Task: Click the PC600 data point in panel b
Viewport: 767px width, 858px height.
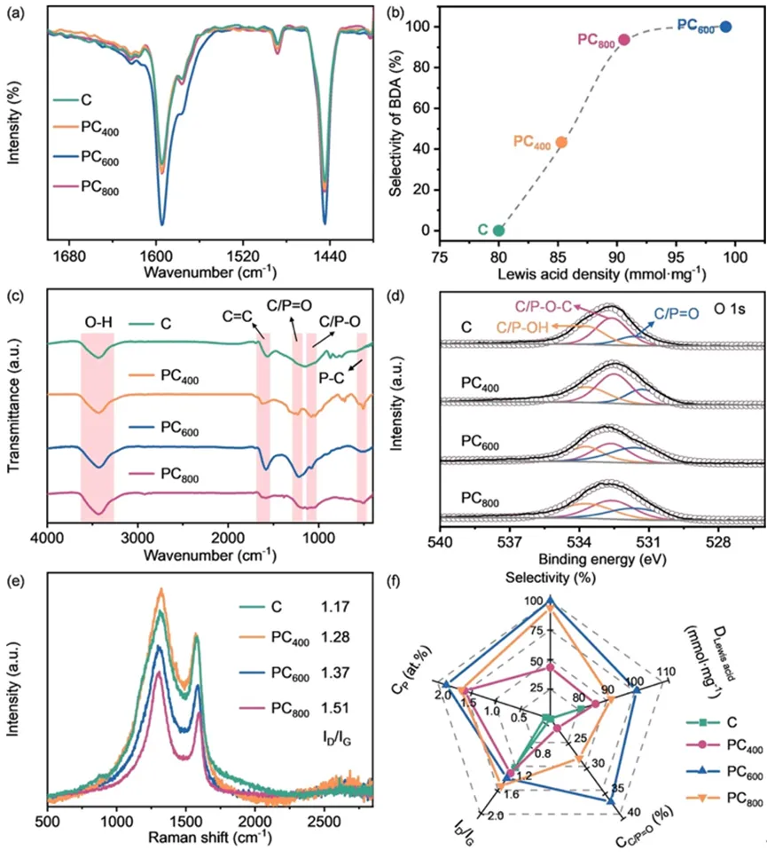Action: click(x=725, y=27)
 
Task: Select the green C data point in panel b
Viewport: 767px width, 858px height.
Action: click(x=499, y=230)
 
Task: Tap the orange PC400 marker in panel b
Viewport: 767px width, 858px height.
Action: click(x=560, y=142)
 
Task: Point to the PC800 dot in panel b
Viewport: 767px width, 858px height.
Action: click(x=623, y=40)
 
